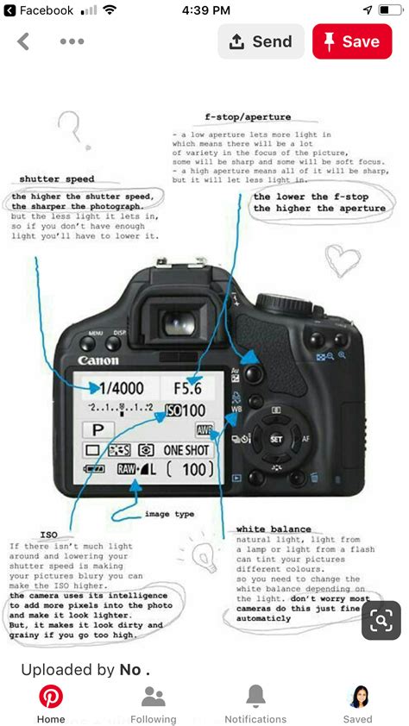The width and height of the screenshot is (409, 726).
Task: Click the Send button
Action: tap(261, 41)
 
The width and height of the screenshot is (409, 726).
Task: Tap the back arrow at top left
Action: tap(23, 41)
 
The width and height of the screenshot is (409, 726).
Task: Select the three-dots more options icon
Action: tap(72, 41)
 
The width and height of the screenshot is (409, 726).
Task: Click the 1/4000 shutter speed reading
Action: tap(122, 388)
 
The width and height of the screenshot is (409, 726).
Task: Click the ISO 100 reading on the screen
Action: tap(186, 411)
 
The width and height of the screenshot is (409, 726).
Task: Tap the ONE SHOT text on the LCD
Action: tap(186, 449)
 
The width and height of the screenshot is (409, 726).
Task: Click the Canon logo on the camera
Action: tap(98, 360)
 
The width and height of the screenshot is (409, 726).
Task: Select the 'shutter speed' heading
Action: tap(57, 179)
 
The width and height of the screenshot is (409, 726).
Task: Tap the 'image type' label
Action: tap(169, 514)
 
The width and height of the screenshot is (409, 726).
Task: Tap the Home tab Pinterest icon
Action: tap(51, 697)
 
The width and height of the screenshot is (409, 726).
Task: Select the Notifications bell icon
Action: tap(255, 697)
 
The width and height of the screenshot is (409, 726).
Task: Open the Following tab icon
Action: tap(153, 697)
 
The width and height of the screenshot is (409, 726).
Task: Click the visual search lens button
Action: tap(381, 621)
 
